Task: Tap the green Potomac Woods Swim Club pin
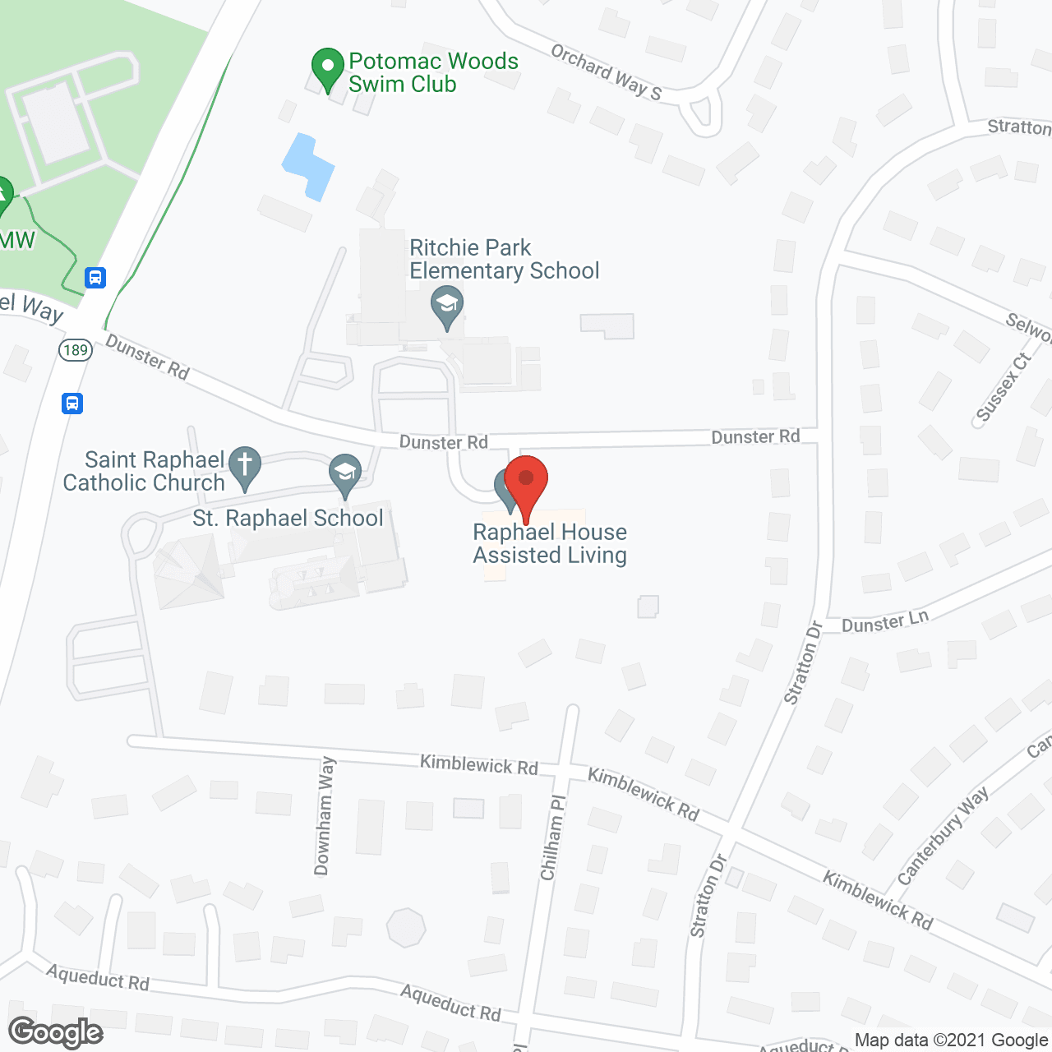[x=328, y=68]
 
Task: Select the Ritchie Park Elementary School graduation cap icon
[x=447, y=306]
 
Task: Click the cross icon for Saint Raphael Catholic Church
[x=244, y=467]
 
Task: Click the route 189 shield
[x=76, y=350]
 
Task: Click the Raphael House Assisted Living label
[x=550, y=544]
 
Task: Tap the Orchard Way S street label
[x=607, y=72]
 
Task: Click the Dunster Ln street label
[x=885, y=622]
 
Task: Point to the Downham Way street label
[x=325, y=815]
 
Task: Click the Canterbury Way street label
[x=943, y=836]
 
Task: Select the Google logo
[x=56, y=1032]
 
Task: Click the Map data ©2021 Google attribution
[x=951, y=1040]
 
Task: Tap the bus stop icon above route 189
[x=95, y=278]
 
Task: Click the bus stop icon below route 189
[x=72, y=404]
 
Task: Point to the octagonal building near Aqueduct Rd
[x=406, y=928]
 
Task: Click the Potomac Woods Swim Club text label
[x=433, y=72]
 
